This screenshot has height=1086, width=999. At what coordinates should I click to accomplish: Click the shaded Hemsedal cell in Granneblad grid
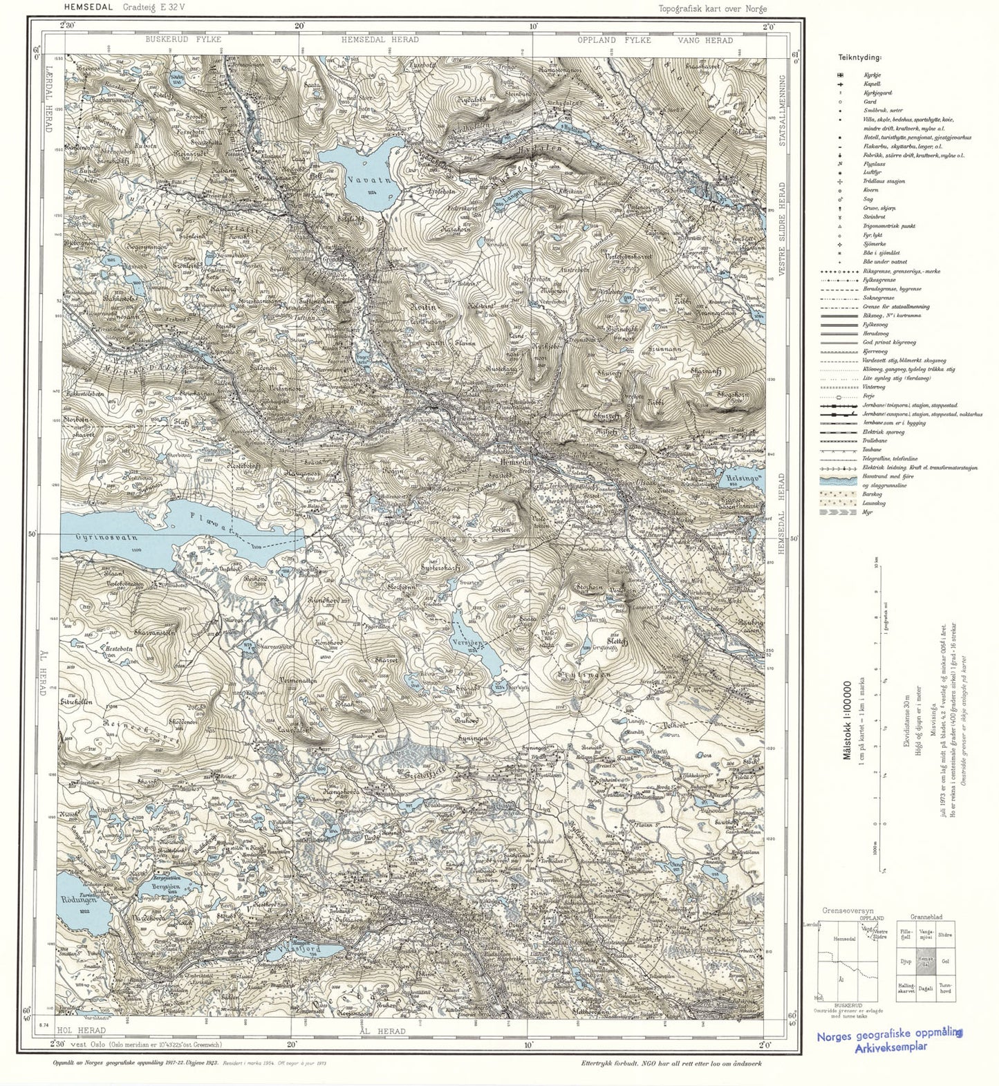tap(926, 960)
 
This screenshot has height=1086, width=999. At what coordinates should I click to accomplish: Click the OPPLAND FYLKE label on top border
tap(615, 40)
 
